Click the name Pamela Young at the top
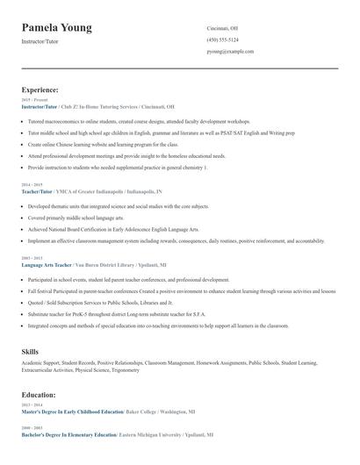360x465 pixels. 57,28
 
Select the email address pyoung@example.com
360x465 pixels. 230,52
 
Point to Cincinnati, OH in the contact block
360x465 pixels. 222,28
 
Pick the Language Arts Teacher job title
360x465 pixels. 47,264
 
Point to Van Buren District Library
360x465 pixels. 109,264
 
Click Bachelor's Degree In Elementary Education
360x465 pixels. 69,434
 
